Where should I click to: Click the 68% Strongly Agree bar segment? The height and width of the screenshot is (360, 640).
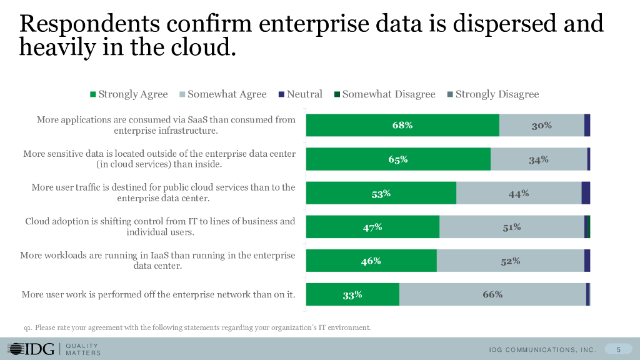(402, 125)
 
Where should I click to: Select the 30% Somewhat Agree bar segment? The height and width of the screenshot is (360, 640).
(542, 125)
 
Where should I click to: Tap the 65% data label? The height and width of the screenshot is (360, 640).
(398, 159)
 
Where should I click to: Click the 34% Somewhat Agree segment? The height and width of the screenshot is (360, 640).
(539, 159)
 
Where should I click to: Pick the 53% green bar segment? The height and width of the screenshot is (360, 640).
(381, 193)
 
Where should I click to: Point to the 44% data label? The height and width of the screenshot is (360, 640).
(519, 194)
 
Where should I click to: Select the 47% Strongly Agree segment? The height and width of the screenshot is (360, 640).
(372, 227)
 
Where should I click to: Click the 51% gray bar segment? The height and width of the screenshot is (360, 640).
(512, 227)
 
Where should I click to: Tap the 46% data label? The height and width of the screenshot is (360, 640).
(371, 261)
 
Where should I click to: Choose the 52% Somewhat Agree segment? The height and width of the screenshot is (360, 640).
(511, 261)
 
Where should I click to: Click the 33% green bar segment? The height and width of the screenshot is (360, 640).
(352, 294)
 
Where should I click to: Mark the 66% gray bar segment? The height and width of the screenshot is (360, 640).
(492, 294)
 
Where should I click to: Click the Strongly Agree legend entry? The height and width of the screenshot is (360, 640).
(129, 94)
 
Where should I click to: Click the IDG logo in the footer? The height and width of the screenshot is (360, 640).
(31, 349)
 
